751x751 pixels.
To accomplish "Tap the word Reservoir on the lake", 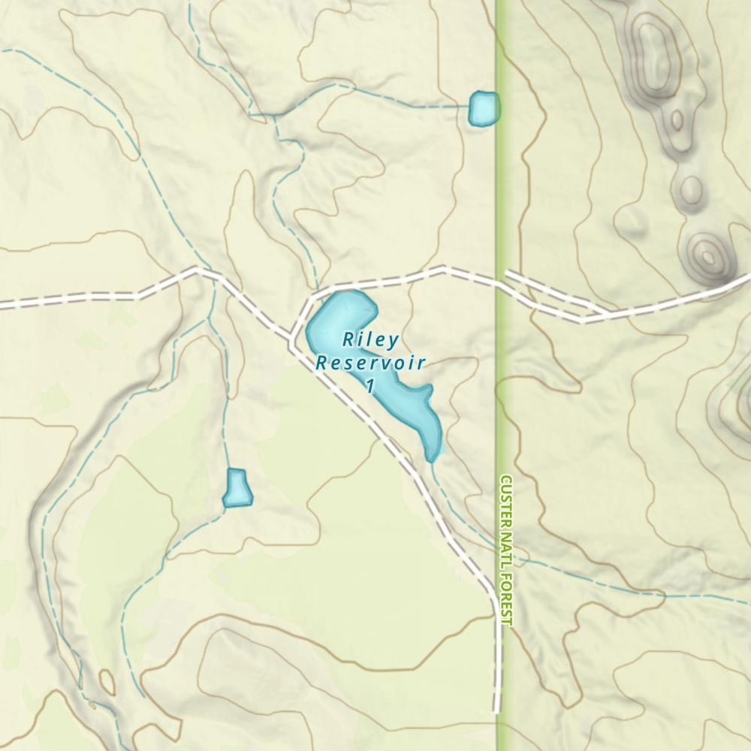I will coord(370,363).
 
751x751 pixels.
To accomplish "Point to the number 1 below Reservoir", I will coord(369,386).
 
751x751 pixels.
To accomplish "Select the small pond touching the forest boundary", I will coord(483,108).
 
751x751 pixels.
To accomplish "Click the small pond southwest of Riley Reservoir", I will coord(237,488).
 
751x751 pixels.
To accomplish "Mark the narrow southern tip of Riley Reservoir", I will coord(433,455).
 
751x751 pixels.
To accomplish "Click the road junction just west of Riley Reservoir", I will coord(293,335).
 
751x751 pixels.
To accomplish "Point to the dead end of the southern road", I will coord(496,710).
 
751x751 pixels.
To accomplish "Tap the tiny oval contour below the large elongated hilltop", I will coord(677,119).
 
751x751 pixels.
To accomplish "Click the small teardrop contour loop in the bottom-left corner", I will coord(107,683).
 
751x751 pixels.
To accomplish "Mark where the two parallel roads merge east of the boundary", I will coord(605,314).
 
